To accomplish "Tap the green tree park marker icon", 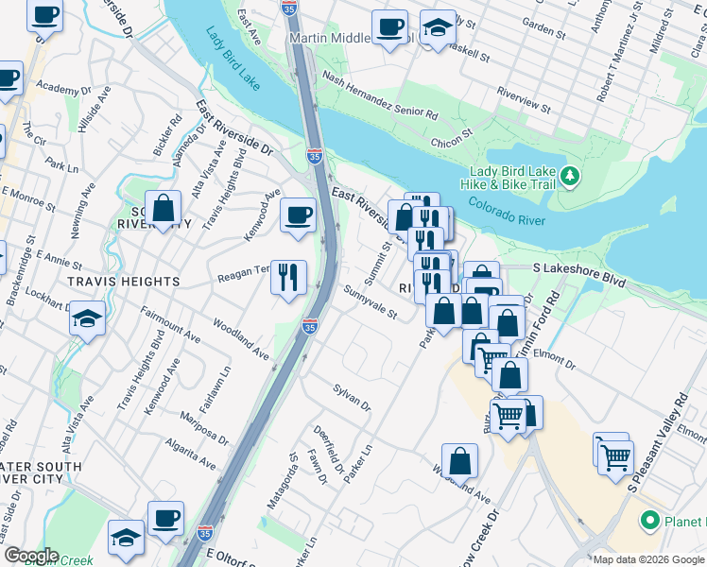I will coord(569,176).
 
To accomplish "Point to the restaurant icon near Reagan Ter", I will coord(289,278).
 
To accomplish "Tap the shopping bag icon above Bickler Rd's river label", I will coord(164,209).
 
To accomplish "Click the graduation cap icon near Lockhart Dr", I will coord(87,319).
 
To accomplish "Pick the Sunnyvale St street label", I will coord(371,301).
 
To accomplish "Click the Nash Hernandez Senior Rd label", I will coord(380,96).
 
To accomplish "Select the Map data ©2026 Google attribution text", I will coord(647,559).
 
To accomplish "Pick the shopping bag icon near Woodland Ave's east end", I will coord(459,461).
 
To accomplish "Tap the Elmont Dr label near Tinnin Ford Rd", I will coord(554,360).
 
